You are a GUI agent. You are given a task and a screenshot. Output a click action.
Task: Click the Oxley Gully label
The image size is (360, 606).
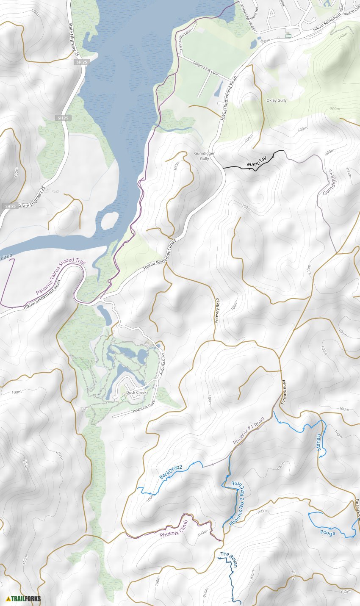click(x=276, y=100)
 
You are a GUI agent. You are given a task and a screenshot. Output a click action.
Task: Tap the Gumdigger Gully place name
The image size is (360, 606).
click(x=202, y=156)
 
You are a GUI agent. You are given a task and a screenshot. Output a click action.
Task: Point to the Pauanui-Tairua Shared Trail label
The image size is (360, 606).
click(x=60, y=277)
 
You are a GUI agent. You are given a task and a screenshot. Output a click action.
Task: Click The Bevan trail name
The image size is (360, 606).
click(x=229, y=559)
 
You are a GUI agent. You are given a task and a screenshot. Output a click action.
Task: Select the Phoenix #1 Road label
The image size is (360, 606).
click(x=249, y=431)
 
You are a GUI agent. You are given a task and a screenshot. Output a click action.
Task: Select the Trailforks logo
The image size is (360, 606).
click(x=23, y=598)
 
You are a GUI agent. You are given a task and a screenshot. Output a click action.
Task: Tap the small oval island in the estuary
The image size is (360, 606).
click(x=110, y=219)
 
